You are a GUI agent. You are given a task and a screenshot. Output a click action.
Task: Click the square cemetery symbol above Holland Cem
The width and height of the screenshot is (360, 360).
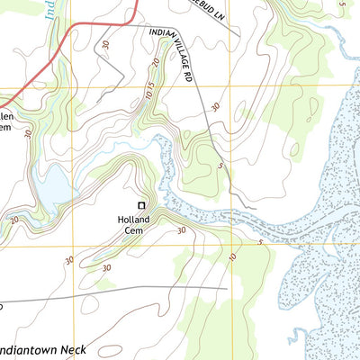coord(140,205)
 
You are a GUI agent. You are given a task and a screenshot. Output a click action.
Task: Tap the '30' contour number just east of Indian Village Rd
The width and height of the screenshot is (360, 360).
coord(214,106)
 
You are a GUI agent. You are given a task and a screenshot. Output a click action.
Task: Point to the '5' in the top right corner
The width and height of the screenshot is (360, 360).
coord(342,4)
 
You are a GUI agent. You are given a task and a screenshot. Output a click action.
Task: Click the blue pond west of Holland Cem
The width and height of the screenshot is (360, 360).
coord(51,186)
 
